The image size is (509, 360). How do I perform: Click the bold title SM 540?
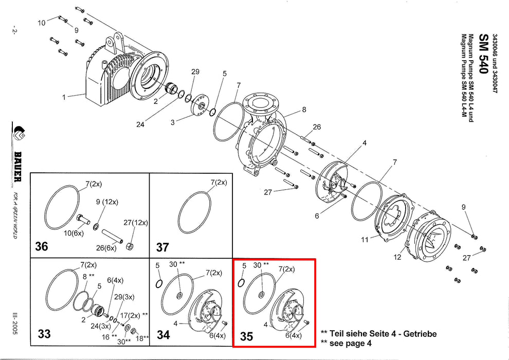coord(483,54)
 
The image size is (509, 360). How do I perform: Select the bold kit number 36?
coord(42,246)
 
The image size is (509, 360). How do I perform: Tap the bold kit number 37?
coord(162,247)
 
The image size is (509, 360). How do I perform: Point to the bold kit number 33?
coord(44,334)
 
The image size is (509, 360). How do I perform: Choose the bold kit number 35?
coord(246,336)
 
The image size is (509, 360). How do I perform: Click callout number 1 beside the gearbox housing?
coord(64,97)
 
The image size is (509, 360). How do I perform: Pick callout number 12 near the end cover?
coord(397,257)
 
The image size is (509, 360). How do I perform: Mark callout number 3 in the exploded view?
coord(172,122)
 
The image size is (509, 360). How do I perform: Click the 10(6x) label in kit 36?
coord(74,233)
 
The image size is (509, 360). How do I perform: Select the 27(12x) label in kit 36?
coord(136,223)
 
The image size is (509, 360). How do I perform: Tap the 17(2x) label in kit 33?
coord(130,316)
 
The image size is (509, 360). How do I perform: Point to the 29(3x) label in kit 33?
coord(124,297)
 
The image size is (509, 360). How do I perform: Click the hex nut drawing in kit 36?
coord(130,246)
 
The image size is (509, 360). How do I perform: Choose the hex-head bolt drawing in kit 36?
coord(83,219)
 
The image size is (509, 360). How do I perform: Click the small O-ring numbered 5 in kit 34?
coord(159,284)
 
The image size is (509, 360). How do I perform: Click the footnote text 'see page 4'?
coord(350,343)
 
